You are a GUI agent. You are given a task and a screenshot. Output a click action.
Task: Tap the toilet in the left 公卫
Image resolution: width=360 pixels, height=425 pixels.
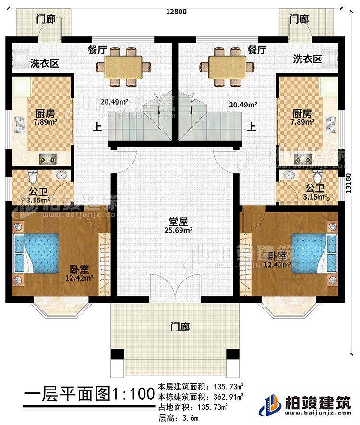[x=32, y=177]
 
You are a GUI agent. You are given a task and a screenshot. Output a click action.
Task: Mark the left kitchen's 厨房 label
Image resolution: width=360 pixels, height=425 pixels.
[x=44, y=113]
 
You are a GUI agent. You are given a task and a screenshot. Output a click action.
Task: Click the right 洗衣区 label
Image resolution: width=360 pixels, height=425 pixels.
[x=307, y=59]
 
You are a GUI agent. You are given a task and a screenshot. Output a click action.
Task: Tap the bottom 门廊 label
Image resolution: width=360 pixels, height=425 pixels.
[x=180, y=327]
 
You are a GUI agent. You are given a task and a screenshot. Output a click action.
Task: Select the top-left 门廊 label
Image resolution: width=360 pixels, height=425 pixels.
[x=46, y=19]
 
